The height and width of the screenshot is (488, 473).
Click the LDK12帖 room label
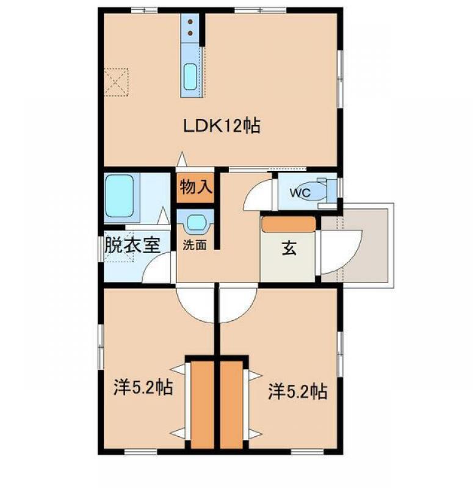222,126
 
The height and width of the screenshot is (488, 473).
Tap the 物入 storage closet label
196,187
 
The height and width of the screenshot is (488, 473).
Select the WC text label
300,193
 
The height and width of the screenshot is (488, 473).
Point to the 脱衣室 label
132,245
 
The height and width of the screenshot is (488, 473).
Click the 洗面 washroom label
194,245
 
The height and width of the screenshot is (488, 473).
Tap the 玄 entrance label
289,248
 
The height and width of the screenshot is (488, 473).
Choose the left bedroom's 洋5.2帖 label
143,387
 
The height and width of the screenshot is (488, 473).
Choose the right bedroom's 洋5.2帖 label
298,391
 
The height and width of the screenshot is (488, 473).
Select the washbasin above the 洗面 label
196,223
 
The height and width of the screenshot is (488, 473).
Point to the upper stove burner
190,23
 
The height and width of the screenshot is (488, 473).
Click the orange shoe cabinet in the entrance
289,224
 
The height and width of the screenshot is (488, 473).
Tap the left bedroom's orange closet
202,404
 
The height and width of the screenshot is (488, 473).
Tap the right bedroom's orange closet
231,404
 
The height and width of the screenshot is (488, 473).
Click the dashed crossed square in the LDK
116,82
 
